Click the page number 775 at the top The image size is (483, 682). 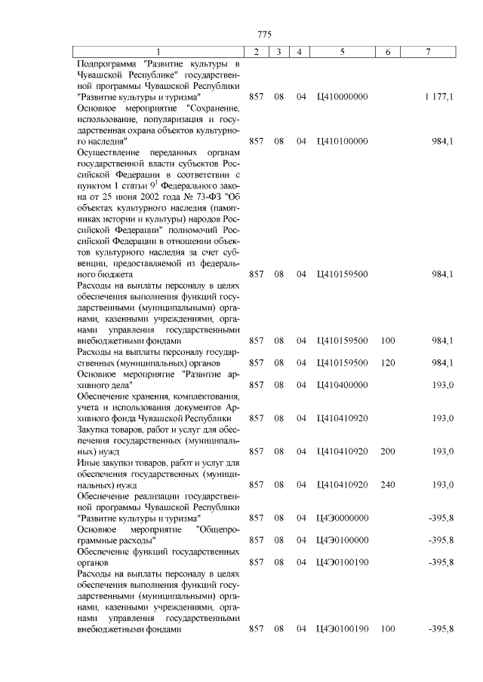pyautogui.click(x=263, y=35)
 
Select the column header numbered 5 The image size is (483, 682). pyautogui.click(x=342, y=52)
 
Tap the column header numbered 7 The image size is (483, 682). pyautogui.click(x=428, y=52)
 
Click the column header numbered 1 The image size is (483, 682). pyautogui.click(x=158, y=52)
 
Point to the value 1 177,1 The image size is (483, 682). pyautogui.click(x=438, y=97)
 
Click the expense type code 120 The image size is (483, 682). pyautogui.click(x=388, y=363)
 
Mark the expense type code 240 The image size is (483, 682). pyautogui.click(x=388, y=485)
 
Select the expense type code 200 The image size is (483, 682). pyautogui.click(x=388, y=451)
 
